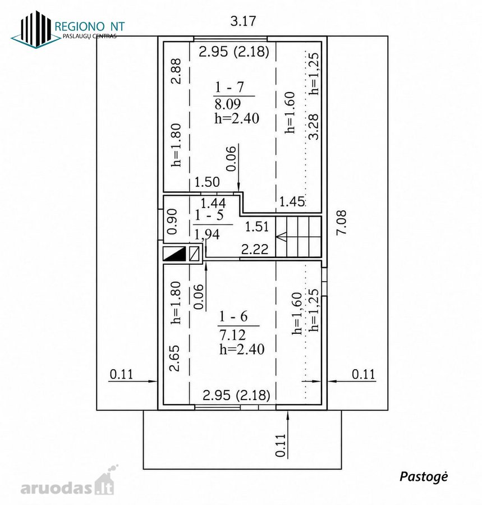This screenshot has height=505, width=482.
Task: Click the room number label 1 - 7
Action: [x=229, y=87]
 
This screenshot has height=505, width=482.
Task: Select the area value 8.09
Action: [x=228, y=104]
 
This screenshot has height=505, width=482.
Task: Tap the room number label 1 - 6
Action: [x=233, y=316]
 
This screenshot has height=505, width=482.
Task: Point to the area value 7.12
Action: [x=232, y=335]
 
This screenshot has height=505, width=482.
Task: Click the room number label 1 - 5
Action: [x=209, y=215]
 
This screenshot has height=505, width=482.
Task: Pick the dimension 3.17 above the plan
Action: [x=243, y=21]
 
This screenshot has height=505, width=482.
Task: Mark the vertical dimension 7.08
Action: [x=341, y=223]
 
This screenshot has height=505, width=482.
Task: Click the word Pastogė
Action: [x=424, y=476]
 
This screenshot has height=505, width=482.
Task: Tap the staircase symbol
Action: [x=299, y=237]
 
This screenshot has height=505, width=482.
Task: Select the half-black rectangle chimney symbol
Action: [x=175, y=254]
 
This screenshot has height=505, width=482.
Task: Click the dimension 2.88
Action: [x=176, y=71]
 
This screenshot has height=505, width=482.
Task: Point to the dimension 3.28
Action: [x=313, y=127]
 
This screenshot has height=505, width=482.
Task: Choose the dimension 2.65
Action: [x=175, y=358]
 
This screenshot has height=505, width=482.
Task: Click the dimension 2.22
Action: [x=255, y=249]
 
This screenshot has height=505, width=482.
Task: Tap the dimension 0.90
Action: [x=173, y=222]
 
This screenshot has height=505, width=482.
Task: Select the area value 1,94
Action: [x=207, y=234]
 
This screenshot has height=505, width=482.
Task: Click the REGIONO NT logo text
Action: [x=90, y=26]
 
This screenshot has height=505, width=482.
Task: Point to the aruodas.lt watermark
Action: [x=68, y=485]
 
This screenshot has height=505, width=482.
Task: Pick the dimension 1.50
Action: [x=207, y=182]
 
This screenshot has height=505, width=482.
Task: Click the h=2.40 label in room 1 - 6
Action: [x=242, y=349]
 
